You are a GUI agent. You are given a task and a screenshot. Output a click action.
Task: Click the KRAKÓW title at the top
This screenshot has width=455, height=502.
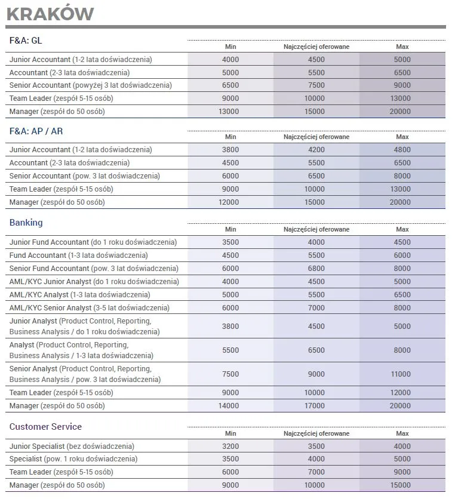pyautogui.click(x=50, y=13)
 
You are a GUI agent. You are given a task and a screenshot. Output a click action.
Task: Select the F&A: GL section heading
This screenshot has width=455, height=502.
pyautogui.click(x=26, y=40)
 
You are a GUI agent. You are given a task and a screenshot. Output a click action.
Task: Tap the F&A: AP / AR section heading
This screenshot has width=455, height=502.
pyautogui.click(x=36, y=131)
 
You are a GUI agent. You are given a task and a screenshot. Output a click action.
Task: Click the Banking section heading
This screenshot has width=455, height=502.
pyautogui.click(x=26, y=223)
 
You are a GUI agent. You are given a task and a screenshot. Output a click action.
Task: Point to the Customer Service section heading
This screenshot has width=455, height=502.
pyautogui.click(x=45, y=427)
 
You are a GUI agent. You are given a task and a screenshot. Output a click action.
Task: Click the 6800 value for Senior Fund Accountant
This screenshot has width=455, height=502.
pyautogui.click(x=316, y=269)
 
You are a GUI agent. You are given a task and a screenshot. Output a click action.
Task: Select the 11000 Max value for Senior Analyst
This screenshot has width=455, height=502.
pyautogui.click(x=402, y=374)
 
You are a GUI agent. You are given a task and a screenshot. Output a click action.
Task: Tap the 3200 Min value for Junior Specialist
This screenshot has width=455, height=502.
pyautogui.click(x=230, y=446)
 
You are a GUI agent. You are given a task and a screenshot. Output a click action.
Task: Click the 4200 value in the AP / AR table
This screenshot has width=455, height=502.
pyautogui.click(x=316, y=150)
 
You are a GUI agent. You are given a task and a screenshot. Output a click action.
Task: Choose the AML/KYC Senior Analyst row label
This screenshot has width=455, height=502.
pyautogui.click(x=90, y=308)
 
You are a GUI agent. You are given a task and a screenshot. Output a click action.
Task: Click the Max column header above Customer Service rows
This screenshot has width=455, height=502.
pyautogui.click(x=402, y=433)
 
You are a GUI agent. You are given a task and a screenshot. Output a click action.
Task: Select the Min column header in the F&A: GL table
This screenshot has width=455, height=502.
pyautogui.click(x=230, y=47)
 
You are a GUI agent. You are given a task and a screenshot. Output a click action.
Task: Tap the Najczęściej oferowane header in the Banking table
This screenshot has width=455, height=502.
pyautogui.click(x=316, y=229)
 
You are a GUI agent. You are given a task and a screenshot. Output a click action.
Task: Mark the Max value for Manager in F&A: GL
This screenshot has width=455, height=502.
pyautogui.click(x=402, y=111)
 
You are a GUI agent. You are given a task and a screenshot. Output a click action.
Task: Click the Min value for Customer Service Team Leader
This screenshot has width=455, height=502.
pyautogui.click(x=230, y=472)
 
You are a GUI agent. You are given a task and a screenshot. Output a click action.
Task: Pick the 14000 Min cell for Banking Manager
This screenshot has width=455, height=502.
pyautogui.click(x=230, y=406)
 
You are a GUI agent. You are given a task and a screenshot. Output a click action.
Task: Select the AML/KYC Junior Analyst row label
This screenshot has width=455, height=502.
pyautogui.click(x=94, y=282)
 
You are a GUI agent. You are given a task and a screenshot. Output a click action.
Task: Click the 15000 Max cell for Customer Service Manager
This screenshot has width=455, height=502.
pyautogui.click(x=402, y=485)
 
